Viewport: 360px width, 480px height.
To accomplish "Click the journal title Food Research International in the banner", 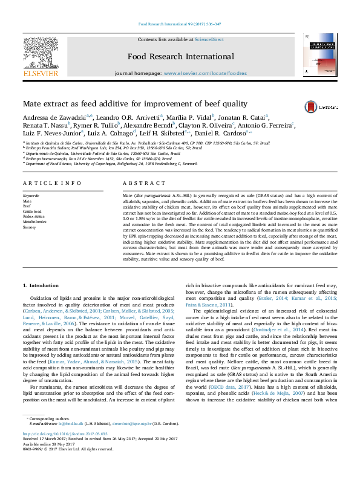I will [x=180, y=57].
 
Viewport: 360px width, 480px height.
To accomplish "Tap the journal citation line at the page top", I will [x=179, y=24].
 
